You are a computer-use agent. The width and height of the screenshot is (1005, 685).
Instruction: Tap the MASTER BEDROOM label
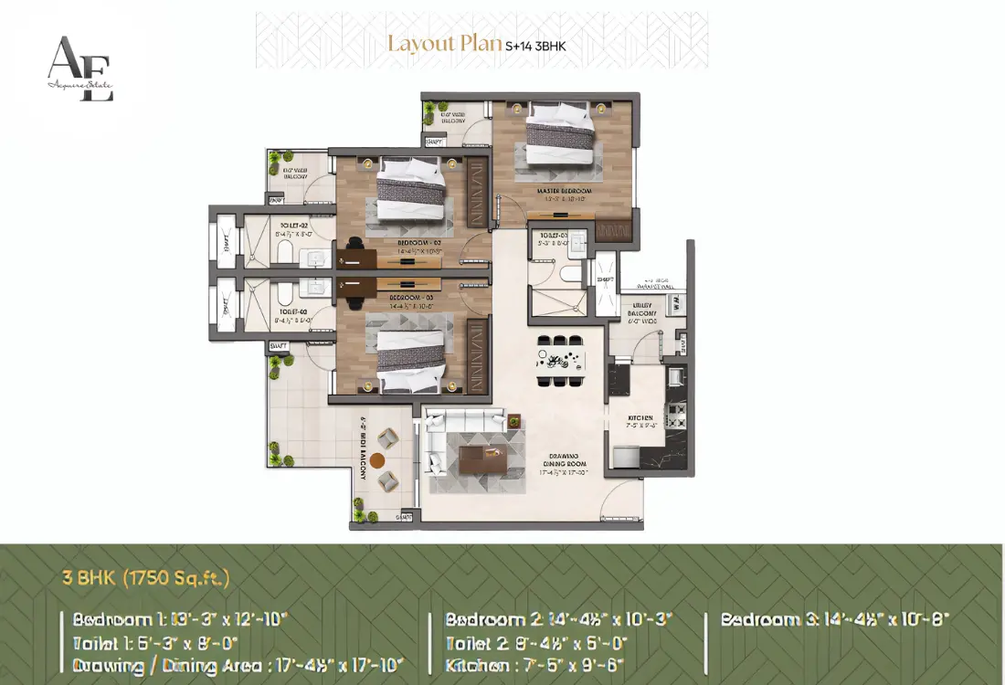tap(563, 191)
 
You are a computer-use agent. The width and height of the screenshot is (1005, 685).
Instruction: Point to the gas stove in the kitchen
tap(676, 416)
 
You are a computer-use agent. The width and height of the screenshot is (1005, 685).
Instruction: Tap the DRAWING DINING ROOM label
tap(561, 465)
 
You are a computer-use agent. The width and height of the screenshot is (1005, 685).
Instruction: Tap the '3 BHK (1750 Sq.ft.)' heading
tap(146, 578)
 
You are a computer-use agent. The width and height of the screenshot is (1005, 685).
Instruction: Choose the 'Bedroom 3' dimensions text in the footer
tap(835, 618)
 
